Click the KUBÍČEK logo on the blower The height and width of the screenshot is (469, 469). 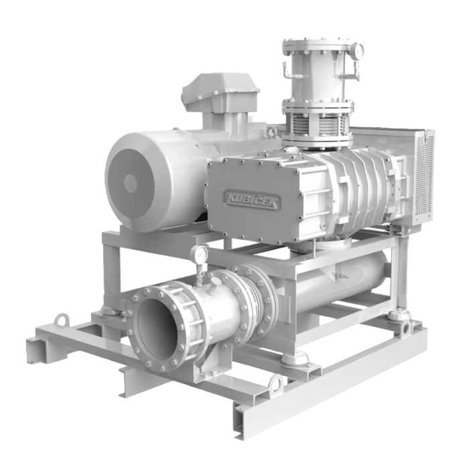[x=252, y=200]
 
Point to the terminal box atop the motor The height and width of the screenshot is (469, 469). [x=220, y=92]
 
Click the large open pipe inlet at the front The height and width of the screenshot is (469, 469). [x=163, y=327]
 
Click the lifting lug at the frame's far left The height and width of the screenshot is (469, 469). [x=62, y=320]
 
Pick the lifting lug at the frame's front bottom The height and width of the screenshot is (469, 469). [x=276, y=382]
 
